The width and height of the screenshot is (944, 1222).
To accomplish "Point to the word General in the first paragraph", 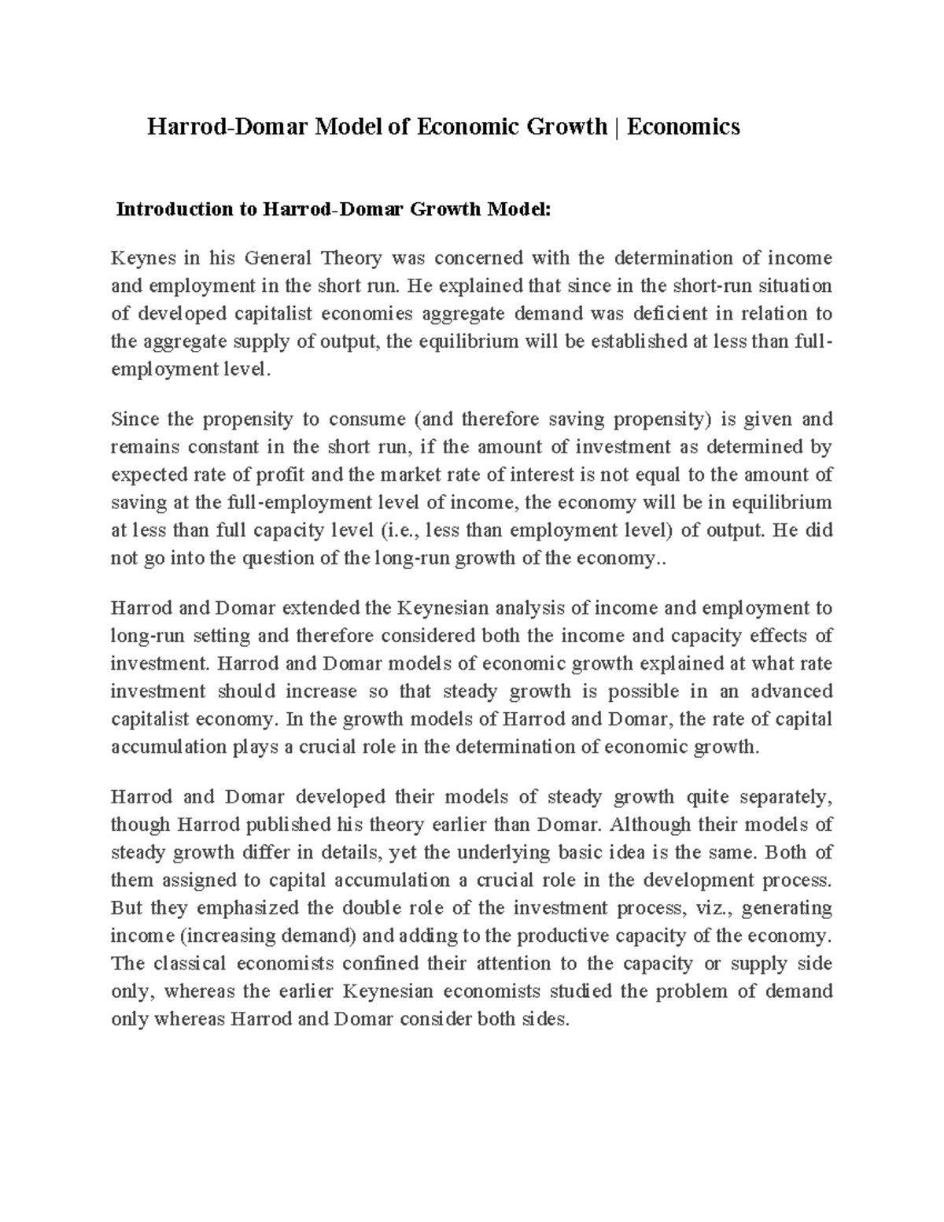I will (277, 259).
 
